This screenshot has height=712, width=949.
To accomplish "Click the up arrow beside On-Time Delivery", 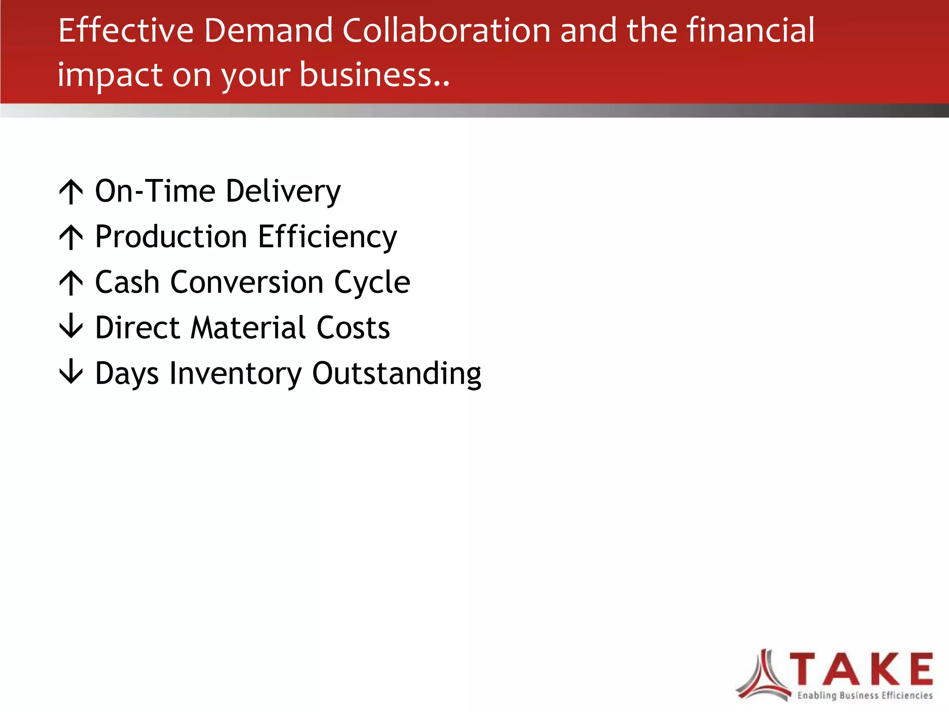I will point(71,191).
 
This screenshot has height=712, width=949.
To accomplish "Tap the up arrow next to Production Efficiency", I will point(71,237).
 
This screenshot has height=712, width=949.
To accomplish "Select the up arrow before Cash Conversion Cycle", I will point(71,283).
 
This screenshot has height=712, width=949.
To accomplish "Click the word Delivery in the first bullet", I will point(284,191).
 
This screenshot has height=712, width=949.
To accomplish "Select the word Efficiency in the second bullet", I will point(327,237).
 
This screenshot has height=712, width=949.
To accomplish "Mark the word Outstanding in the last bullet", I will point(397,374).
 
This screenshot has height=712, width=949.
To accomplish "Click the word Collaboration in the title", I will point(446,31).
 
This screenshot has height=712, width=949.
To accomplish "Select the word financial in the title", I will point(750,31).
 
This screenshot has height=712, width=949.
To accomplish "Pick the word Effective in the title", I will point(126,31).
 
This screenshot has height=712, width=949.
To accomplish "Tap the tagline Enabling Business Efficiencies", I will point(865,695).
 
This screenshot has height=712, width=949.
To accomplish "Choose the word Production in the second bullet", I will point(171,237).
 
